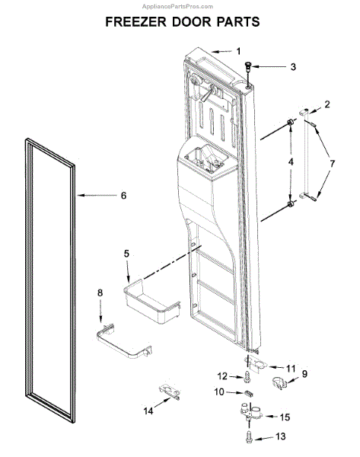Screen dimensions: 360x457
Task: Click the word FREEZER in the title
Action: coord(136,22)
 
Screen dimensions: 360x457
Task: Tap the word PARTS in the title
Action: coord(238,22)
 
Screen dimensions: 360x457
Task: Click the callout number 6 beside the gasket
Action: coord(124,195)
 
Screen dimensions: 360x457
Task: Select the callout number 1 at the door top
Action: coord(238,51)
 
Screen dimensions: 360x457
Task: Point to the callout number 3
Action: coord(293,67)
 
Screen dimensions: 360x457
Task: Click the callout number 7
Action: coord(332,163)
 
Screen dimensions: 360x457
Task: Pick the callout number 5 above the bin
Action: coord(126,254)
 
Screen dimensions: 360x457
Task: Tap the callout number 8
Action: coord(100,292)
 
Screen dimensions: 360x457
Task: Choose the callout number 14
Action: coord(148,411)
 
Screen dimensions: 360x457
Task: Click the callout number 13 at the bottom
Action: coord(281,436)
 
